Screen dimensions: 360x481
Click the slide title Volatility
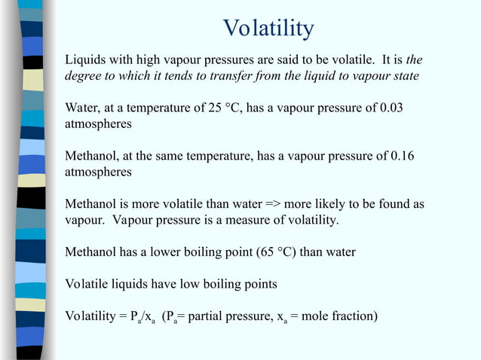[268, 29]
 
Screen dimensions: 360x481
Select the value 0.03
[391, 108]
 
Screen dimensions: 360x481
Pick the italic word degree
[84, 77]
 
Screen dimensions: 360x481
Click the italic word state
[404, 77]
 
